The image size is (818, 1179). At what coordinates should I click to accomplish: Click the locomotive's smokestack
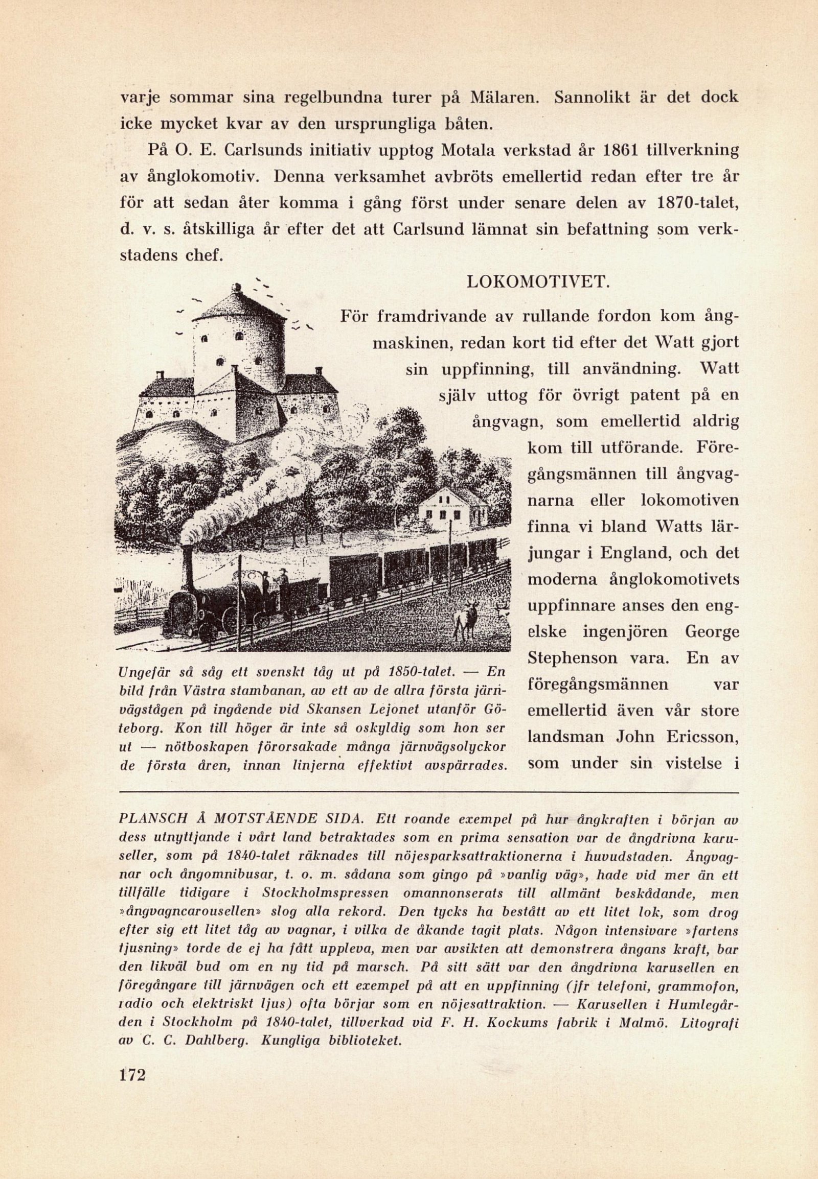pyautogui.click(x=188, y=564)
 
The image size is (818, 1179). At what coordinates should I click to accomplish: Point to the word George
pyautogui.click(x=712, y=631)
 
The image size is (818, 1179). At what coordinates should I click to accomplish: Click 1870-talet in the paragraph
pyautogui.click(x=697, y=203)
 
